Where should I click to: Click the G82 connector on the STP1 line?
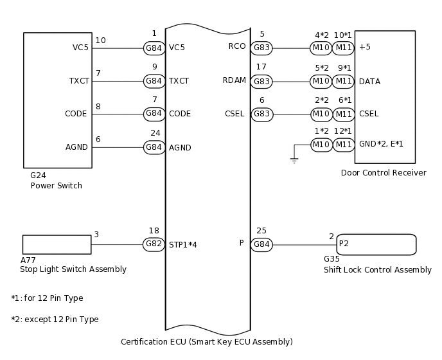(x=154, y=244)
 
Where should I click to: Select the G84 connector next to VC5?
(x=154, y=48)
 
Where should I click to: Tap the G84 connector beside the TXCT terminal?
(x=154, y=81)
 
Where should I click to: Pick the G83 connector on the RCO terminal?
(x=261, y=47)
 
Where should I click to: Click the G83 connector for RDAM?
(x=261, y=81)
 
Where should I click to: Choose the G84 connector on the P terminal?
(x=261, y=244)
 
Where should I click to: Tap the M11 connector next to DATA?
(x=344, y=81)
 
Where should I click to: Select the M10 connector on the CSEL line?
(x=321, y=114)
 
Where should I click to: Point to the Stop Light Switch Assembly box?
(x=57, y=244)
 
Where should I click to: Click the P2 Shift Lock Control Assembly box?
(x=376, y=244)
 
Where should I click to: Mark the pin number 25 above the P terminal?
(x=261, y=230)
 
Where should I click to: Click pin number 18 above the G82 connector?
(x=154, y=230)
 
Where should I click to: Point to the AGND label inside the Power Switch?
(x=77, y=147)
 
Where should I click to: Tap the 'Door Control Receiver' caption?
(x=384, y=173)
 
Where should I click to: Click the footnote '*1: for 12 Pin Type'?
(x=47, y=298)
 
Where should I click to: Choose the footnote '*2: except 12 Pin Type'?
(x=55, y=319)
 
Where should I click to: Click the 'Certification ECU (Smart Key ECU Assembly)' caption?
(x=207, y=341)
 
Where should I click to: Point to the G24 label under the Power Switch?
(x=39, y=175)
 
